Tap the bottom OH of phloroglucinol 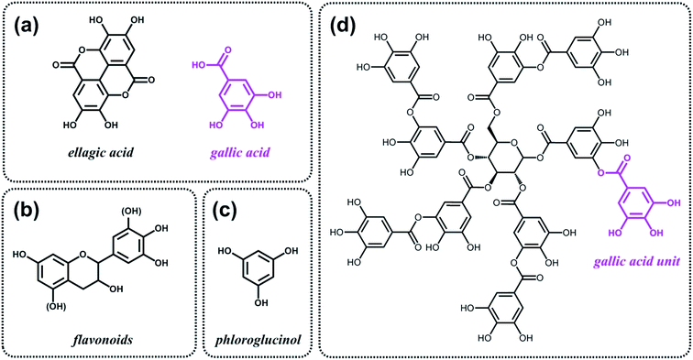pyautogui.click(x=259, y=312)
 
